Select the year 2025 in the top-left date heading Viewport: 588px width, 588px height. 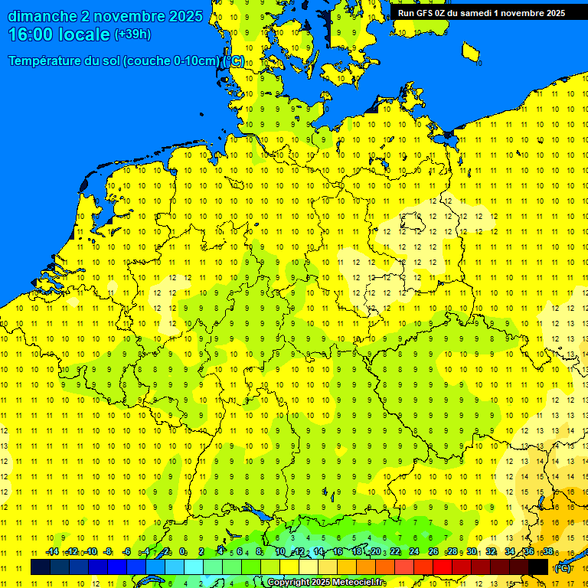tap(185, 16)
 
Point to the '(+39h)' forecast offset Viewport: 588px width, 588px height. tap(132, 34)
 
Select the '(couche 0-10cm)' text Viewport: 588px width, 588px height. tap(173, 61)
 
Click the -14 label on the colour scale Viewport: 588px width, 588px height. tap(52, 552)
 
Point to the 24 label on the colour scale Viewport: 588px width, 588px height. tap(414, 552)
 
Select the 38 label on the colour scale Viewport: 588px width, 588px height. tap(548, 552)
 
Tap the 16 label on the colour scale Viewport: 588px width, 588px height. tap(338, 552)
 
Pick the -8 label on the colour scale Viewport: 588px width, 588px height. tap(108, 552)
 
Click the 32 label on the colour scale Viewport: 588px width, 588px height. tap(491, 552)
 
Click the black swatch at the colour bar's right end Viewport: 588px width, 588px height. tap(538, 567)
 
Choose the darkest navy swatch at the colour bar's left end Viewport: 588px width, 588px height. tap(40, 567)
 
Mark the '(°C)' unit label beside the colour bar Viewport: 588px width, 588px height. tap(562, 567)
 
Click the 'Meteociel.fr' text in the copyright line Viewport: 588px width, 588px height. tap(358, 583)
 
